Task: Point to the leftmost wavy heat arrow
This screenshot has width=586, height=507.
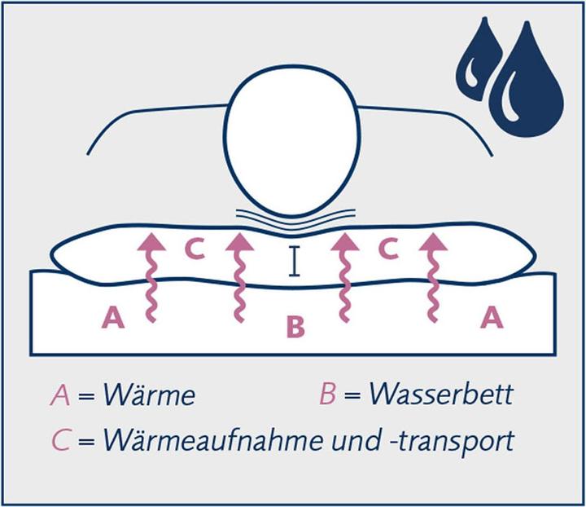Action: pos(151,277)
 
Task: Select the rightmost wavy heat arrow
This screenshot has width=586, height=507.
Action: pos(433,277)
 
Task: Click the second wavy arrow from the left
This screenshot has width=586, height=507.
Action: pos(239,277)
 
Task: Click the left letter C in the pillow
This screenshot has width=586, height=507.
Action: pos(195,249)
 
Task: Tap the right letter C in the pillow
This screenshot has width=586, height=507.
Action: pos(388,249)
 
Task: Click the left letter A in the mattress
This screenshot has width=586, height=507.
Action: pos(113,317)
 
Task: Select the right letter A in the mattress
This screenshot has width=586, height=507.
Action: pos(492,317)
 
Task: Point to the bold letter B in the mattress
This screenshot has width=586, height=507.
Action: pos(295,326)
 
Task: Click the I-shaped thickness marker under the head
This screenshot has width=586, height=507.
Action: pos(294,261)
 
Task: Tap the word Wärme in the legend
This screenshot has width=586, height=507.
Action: pos(149,395)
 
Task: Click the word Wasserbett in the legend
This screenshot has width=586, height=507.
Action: pos(441,394)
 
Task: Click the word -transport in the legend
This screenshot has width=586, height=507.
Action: pos(453,443)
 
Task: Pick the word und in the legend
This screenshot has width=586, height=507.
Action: pos(356,441)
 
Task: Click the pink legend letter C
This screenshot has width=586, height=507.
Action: pos(61,441)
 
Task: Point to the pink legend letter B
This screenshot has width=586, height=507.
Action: pos(327,394)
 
